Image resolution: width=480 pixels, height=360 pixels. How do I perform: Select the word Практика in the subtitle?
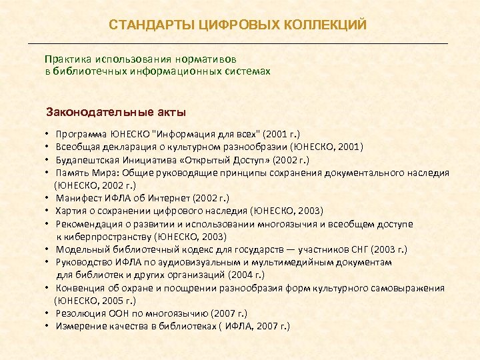pos(65,59)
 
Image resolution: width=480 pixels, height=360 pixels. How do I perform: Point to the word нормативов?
pos(211,59)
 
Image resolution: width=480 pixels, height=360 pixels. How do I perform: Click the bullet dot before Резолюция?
pos(49,313)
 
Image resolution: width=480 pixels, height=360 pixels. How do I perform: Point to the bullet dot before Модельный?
pos(49,249)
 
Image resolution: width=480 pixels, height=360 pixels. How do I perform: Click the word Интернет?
pos(171,198)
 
